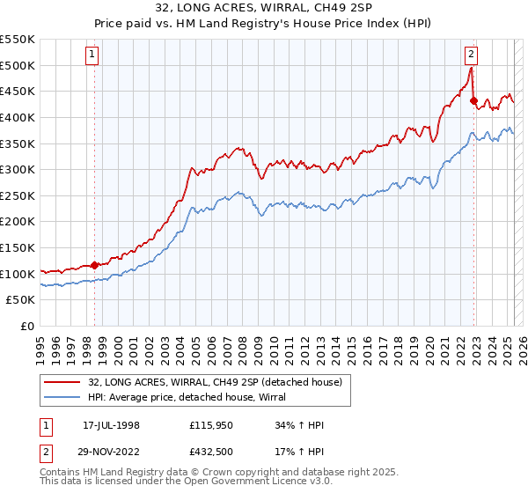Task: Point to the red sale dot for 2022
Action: coord(473,100)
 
